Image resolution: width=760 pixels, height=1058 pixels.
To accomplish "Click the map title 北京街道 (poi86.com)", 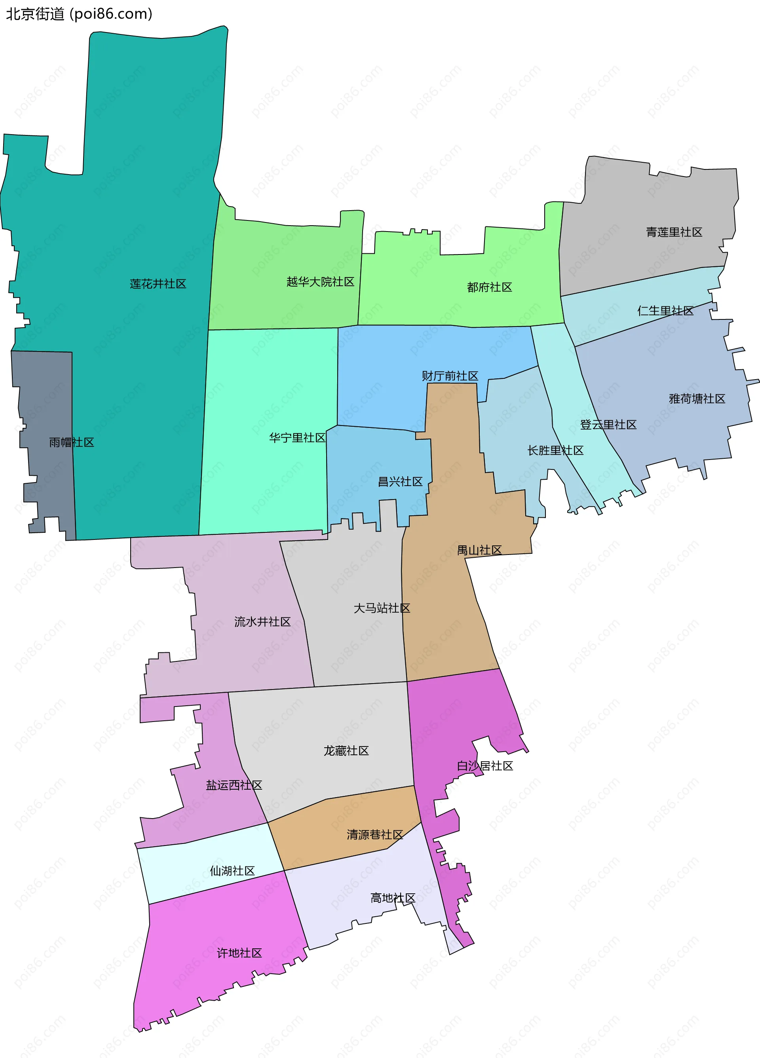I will [x=79, y=14].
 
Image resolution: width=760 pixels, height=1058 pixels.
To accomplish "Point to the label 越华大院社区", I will [x=320, y=282].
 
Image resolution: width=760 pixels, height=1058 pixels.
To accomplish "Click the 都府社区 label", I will [x=489, y=287].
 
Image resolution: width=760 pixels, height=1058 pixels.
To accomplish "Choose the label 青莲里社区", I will [x=674, y=232].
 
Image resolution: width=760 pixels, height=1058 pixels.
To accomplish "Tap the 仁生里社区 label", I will [x=665, y=311].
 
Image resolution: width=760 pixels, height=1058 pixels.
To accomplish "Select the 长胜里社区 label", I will [x=555, y=450].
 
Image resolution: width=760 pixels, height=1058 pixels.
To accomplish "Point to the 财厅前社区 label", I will [x=450, y=376].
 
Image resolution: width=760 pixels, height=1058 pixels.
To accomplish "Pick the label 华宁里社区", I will [x=297, y=438].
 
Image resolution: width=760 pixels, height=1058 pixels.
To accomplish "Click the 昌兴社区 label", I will [x=400, y=481].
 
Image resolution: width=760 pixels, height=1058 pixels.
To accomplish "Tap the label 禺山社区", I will [x=479, y=551].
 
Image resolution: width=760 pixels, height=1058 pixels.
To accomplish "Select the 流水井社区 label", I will [x=262, y=622].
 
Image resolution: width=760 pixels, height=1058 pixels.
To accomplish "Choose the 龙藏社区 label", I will [x=346, y=750].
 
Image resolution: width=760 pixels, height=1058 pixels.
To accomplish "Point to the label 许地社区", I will [x=239, y=953].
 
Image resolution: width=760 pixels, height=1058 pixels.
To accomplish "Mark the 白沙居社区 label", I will [x=485, y=766].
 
